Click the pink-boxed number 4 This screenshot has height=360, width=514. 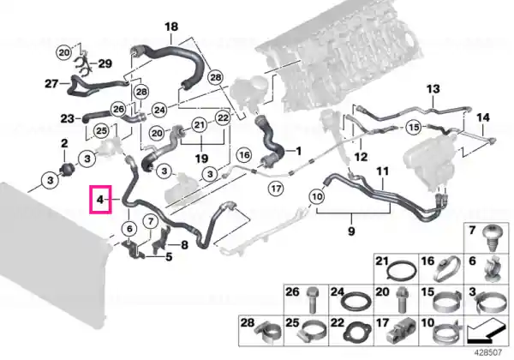100,200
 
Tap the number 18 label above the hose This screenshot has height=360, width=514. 171,27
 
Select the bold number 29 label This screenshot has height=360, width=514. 105,63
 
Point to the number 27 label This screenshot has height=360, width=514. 51,84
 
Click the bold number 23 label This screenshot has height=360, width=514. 67,118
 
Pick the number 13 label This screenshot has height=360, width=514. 433,89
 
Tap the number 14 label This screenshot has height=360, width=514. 483,117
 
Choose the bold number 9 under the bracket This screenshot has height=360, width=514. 351,231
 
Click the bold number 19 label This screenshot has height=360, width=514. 201,159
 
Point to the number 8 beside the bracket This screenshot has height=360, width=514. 184,244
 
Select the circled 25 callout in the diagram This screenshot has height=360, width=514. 101,131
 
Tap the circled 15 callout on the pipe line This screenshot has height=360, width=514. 414,127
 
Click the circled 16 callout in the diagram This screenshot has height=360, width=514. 244,154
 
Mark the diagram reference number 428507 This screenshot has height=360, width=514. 488,353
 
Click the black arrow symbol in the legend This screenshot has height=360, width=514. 486,333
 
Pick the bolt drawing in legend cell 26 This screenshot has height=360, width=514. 312,299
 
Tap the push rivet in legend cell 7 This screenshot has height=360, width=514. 491,238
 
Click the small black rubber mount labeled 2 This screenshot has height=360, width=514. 67,170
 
